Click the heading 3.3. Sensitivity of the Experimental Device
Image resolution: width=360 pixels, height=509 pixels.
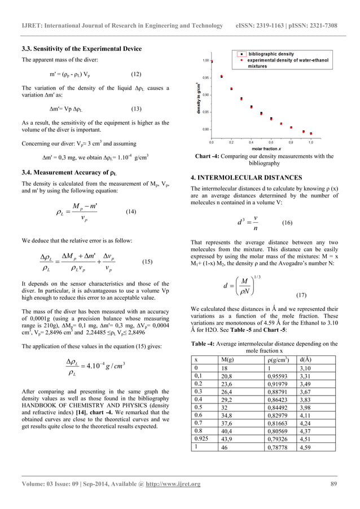[x=81, y=49]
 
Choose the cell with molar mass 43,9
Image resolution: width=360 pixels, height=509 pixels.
[x=228, y=438]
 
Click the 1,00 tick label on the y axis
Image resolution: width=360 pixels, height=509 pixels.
[x=207, y=60]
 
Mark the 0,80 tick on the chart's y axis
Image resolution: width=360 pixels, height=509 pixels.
[x=207, y=130]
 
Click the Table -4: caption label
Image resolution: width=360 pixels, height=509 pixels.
[x=207, y=344]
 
